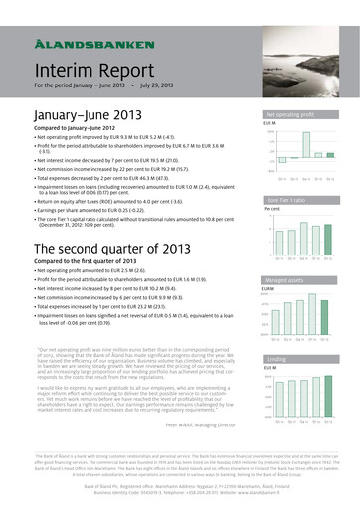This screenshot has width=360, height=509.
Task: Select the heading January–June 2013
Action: (74, 117)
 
